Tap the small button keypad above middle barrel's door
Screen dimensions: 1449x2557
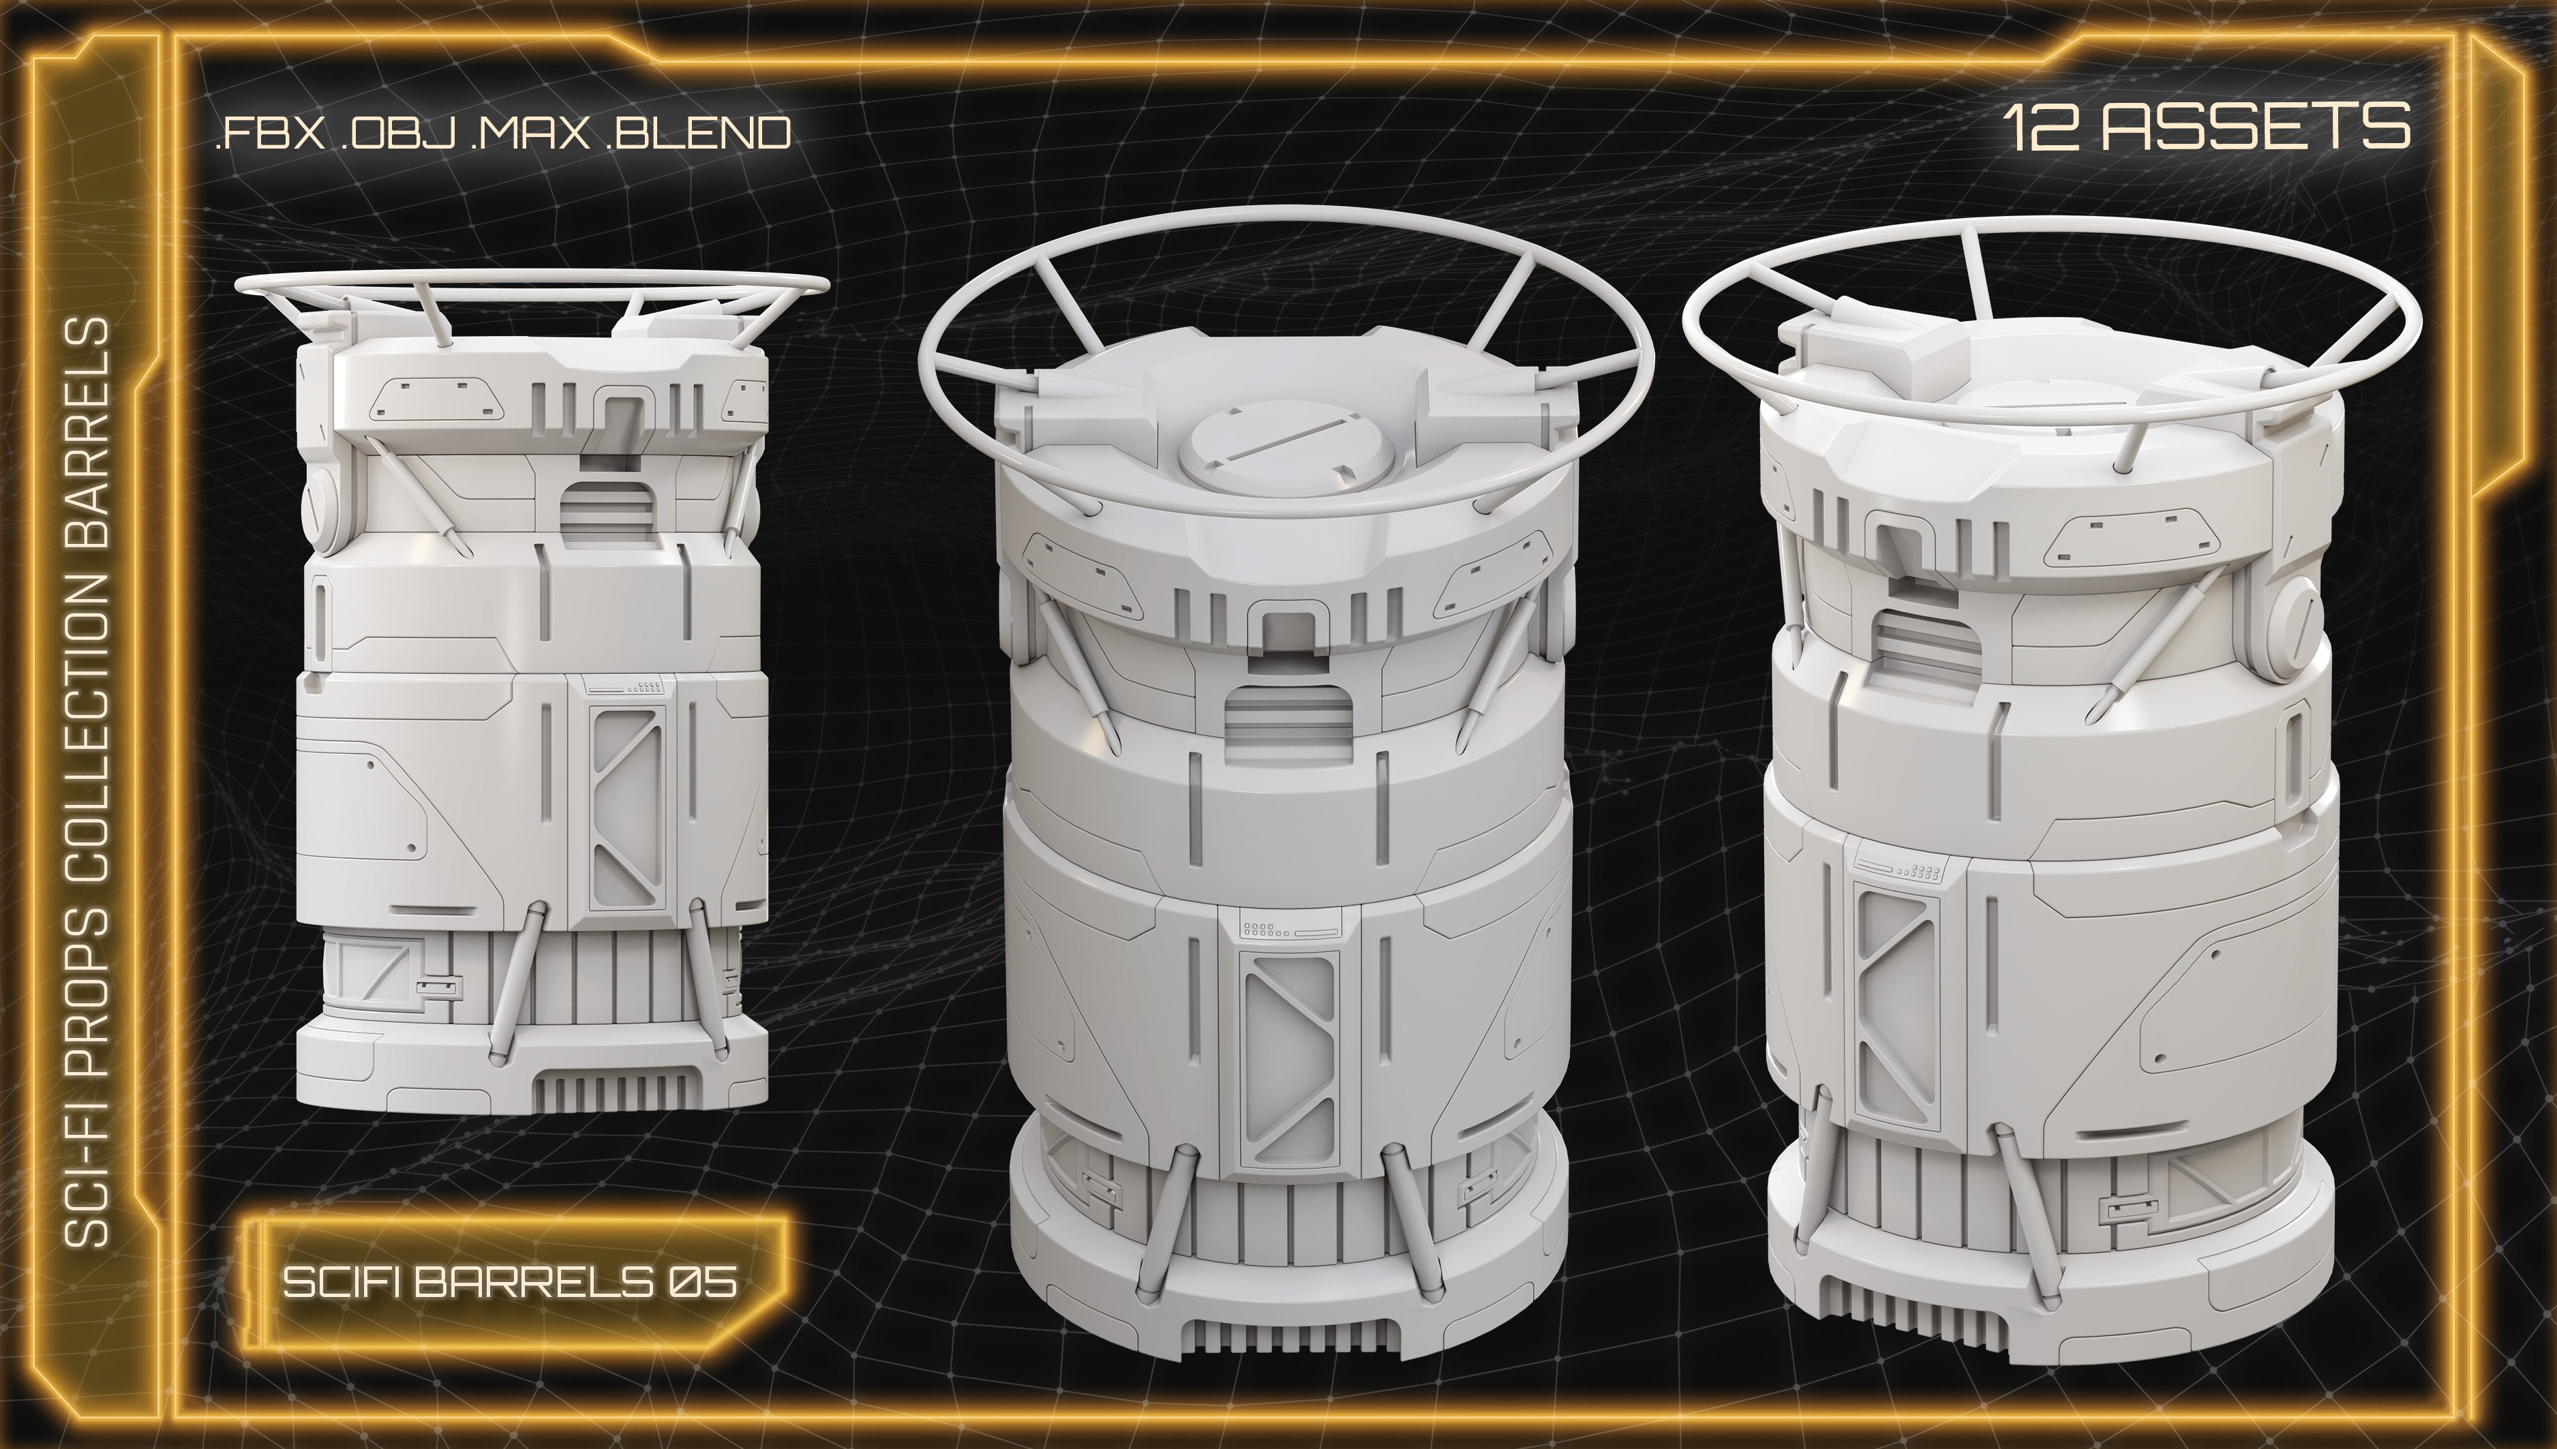1264,930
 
